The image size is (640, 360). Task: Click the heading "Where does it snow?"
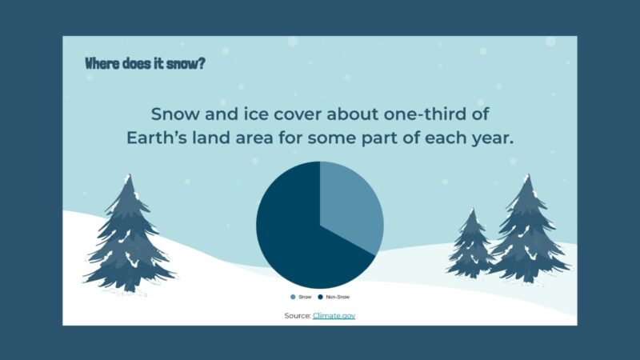pyautogui.click(x=144, y=63)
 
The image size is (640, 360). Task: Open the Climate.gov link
pyautogui.click(x=334, y=316)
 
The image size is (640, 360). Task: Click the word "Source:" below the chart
pyautogui.click(x=297, y=316)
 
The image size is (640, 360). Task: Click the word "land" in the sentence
pyautogui.click(x=214, y=138)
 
